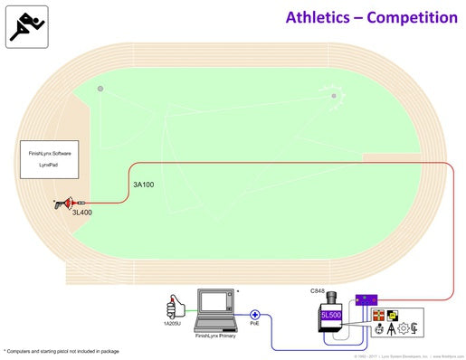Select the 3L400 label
(83, 213)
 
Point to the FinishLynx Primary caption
(216, 336)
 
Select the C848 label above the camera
(318, 291)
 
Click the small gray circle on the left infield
(100, 88)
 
